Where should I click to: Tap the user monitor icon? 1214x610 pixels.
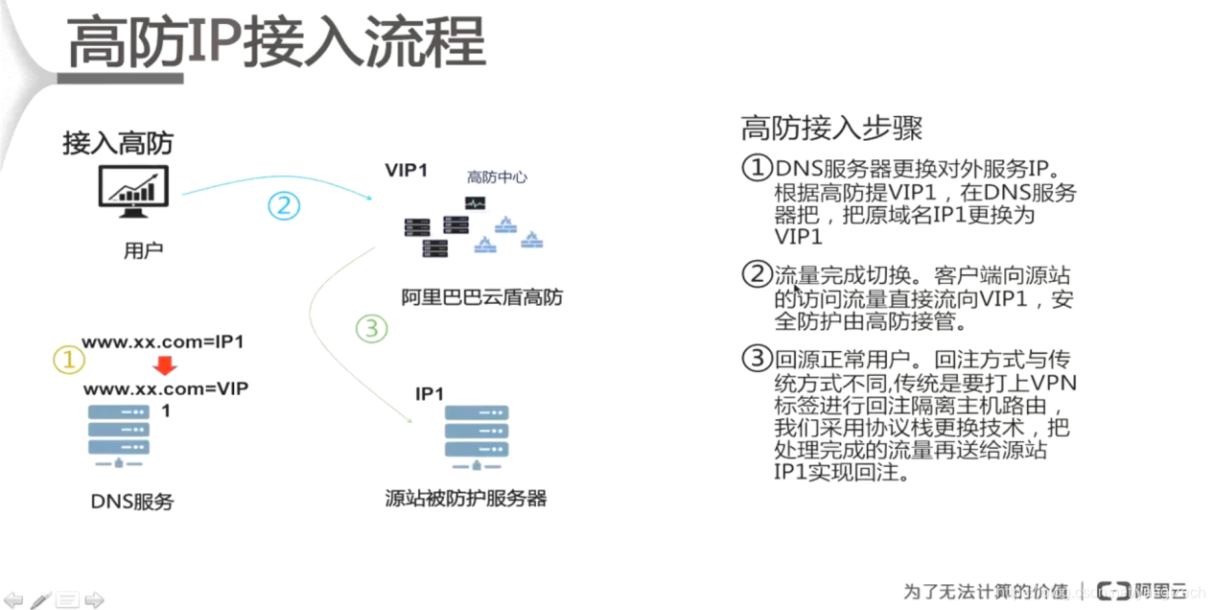coord(133,192)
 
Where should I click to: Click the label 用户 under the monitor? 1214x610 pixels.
coord(143,251)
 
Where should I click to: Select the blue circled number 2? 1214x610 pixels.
coord(284,205)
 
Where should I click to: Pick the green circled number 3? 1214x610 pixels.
coord(371,329)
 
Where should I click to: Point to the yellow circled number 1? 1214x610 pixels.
coord(68,360)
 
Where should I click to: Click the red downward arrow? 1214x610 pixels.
coord(165,365)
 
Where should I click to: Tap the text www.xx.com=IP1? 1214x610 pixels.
coord(163,342)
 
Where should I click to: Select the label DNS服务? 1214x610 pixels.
coord(132,501)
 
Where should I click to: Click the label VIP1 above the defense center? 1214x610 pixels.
coord(406,171)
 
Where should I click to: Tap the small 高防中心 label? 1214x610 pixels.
coord(497,177)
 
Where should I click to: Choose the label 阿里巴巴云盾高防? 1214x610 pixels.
coord(482,297)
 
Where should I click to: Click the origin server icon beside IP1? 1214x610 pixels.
coord(477,436)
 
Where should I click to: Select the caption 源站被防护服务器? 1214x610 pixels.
coord(465,498)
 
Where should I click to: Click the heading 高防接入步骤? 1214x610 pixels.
coord(831,128)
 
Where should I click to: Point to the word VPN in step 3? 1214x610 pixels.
coord(1052,384)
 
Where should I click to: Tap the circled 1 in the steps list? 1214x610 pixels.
coord(758,169)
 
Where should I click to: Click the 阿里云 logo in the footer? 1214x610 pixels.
coord(1141,590)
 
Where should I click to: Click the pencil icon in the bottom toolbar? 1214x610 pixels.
coord(40,600)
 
